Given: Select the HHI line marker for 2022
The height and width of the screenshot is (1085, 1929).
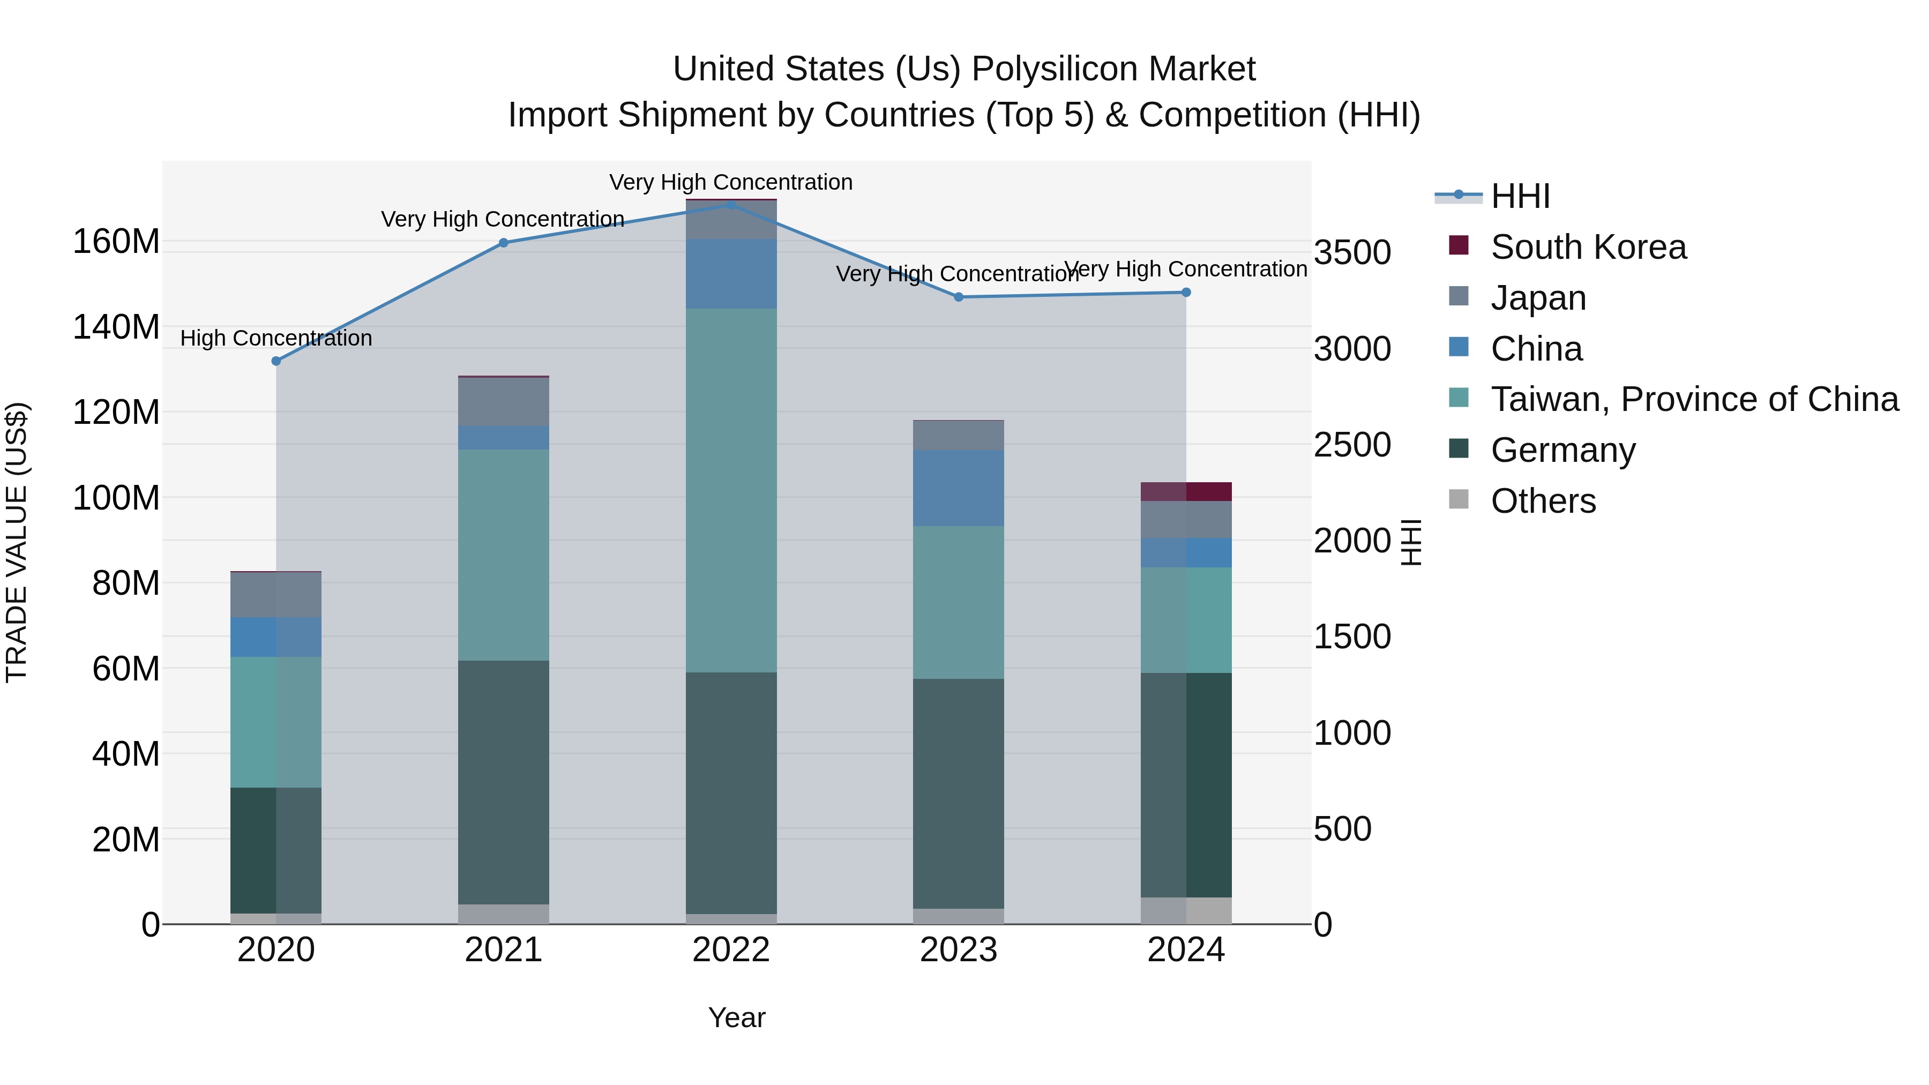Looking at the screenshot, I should pyautogui.click(x=731, y=205).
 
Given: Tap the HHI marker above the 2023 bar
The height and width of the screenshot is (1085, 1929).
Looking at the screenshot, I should pyautogui.click(x=959, y=297).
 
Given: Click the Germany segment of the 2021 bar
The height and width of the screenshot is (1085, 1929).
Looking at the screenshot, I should pyautogui.click(x=503, y=782).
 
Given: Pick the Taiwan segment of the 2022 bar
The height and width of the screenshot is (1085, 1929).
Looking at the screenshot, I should pyautogui.click(x=731, y=490).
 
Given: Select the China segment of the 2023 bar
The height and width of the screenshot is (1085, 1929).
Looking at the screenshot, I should pyautogui.click(x=959, y=488).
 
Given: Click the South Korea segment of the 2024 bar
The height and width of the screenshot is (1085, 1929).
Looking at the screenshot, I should pyautogui.click(x=1186, y=491).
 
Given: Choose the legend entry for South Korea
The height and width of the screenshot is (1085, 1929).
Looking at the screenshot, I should pyautogui.click(x=1588, y=247).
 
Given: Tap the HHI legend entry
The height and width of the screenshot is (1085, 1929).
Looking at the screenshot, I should pyautogui.click(x=1520, y=196).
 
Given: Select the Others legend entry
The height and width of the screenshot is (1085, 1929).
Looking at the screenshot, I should pyautogui.click(x=1543, y=501).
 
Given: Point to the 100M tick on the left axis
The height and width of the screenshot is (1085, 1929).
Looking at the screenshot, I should pyautogui.click(x=116, y=498).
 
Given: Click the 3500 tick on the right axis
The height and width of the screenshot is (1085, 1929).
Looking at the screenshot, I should pyautogui.click(x=1352, y=252).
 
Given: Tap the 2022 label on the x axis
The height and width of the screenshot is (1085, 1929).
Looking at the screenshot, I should pyautogui.click(x=731, y=950).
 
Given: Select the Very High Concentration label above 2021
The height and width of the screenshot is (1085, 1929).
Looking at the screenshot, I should pyautogui.click(x=503, y=219).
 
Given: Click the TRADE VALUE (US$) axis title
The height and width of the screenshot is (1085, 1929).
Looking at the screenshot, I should pyautogui.click(x=17, y=542).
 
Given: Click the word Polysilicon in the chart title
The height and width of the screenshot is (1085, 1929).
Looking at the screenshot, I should pyautogui.click(x=1056, y=69).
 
